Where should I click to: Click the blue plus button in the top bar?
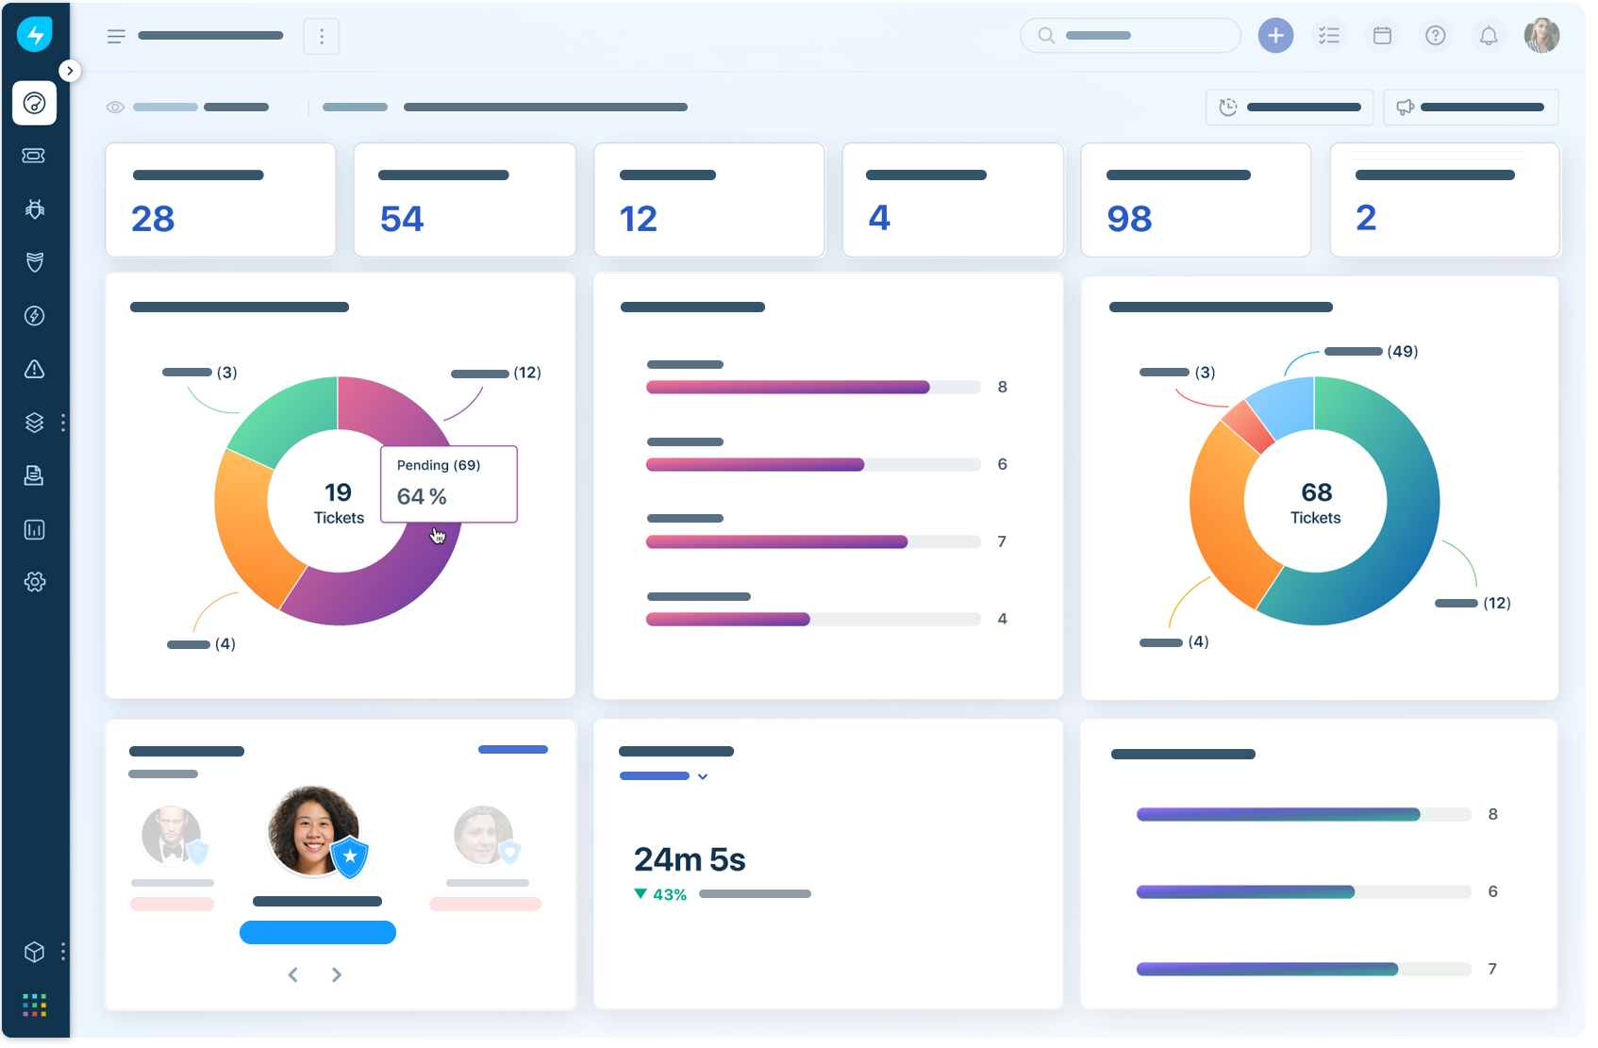pos(1275,36)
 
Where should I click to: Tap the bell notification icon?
pos(1489,36)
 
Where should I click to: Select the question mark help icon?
pos(1435,36)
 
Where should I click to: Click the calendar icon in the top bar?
pos(1382,36)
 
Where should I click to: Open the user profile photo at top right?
pos(1541,36)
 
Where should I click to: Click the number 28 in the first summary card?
pos(153,219)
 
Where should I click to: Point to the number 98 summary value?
pos(1129,219)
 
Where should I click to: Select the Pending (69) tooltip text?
pos(439,465)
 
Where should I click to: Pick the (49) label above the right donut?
pos(1402,352)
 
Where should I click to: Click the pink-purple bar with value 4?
pos(727,620)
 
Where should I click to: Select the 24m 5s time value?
pos(690,859)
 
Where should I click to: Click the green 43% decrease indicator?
pos(661,894)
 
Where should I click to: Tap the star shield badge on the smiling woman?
pos(350,856)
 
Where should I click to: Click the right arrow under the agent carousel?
pos(337,974)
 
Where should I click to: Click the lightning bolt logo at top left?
pos(35,35)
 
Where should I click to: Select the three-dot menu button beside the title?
pos(322,36)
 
